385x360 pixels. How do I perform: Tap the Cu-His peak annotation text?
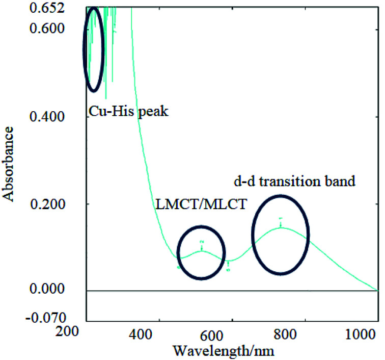(x=128, y=111)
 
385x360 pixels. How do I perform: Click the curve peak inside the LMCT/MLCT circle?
(x=202, y=250)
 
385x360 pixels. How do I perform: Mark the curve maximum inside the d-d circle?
(x=281, y=228)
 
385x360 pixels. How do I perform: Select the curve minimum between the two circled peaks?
(x=229, y=261)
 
